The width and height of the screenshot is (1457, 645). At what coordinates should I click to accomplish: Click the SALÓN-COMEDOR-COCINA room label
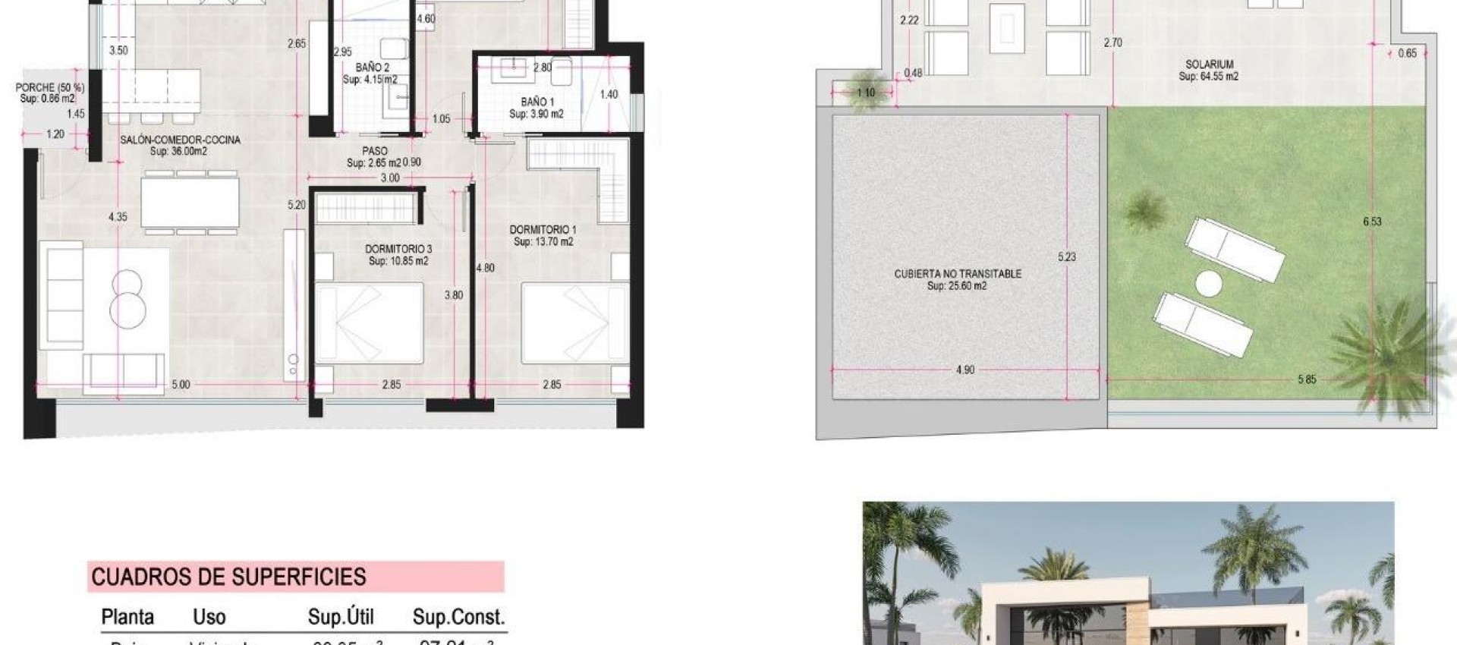pyautogui.click(x=180, y=140)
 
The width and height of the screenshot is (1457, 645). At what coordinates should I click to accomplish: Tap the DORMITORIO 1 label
pyautogui.click(x=543, y=229)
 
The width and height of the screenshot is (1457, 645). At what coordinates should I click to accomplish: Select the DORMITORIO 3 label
pyautogui.click(x=398, y=249)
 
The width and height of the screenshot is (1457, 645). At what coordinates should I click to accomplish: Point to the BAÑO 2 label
pyautogui.click(x=372, y=68)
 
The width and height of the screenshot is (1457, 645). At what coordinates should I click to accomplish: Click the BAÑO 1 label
pyautogui.click(x=537, y=102)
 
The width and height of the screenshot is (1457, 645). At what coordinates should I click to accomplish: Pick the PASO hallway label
pyautogui.click(x=374, y=151)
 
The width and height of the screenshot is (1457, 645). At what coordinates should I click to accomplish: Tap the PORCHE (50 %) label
pyautogui.click(x=49, y=88)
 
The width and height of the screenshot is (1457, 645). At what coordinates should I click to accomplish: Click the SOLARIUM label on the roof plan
pyautogui.click(x=1209, y=64)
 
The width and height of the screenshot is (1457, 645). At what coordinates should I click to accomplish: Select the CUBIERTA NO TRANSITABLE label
pyautogui.click(x=958, y=274)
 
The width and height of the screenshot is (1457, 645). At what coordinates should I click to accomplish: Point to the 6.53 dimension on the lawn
pyautogui.click(x=1372, y=222)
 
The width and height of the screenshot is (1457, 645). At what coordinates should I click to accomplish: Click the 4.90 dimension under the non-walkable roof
pyautogui.click(x=965, y=370)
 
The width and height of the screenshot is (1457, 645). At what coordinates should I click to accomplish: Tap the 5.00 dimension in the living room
pyautogui.click(x=181, y=385)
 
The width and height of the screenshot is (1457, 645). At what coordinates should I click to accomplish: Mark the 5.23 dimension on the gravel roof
pyautogui.click(x=1067, y=256)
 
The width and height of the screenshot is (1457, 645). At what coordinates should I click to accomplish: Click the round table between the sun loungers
pyautogui.click(x=1209, y=285)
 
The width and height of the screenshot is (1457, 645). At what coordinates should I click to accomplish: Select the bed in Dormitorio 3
pyautogui.click(x=369, y=322)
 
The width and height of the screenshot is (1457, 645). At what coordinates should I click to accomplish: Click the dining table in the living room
pyautogui.click(x=190, y=201)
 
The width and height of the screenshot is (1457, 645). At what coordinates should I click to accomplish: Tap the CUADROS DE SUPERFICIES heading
pyautogui.click(x=228, y=577)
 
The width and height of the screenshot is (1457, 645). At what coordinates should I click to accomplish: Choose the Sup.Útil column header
pyautogui.click(x=341, y=617)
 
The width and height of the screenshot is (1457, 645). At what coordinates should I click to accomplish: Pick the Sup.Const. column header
pyautogui.click(x=458, y=617)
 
